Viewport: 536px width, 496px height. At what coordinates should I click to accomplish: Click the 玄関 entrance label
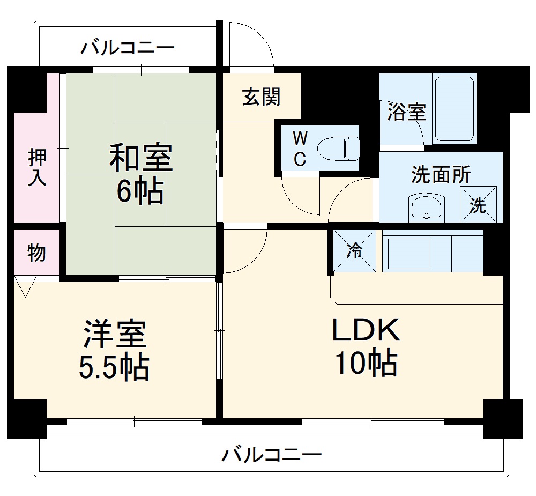pos(261,97)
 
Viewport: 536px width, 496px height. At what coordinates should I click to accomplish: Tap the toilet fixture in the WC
pos(338,148)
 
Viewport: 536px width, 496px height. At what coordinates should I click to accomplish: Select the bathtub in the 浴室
pos(453,109)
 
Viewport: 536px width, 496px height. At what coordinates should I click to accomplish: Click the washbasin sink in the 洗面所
pos(427,207)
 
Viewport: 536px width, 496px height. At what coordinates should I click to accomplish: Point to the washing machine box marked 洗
pos(478,204)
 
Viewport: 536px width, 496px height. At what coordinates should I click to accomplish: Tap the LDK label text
pos(366,331)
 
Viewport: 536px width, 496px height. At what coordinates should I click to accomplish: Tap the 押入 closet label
pos(37,167)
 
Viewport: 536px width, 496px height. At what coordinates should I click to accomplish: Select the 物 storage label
pos(36,253)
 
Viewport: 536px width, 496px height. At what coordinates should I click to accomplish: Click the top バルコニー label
pos(128,48)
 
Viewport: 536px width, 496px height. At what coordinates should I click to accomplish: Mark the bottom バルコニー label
pos(272,456)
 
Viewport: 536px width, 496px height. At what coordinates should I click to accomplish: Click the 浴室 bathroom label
pos(407,112)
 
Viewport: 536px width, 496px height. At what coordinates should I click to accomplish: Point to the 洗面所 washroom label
pos(441,175)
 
